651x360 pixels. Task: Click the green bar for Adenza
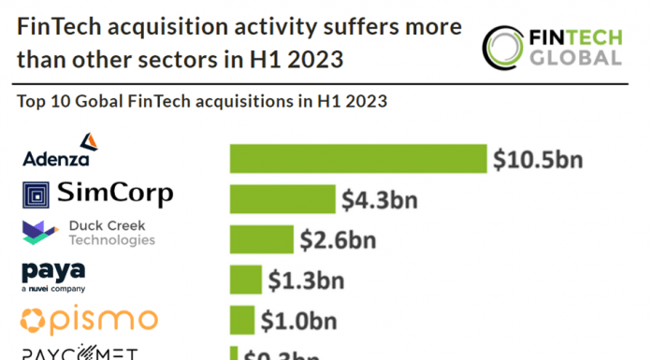tap(358, 158)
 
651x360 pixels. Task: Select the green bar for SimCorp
tap(282, 199)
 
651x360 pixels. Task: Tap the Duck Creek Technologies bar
tap(261, 239)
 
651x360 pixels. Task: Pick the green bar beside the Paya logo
tap(245, 279)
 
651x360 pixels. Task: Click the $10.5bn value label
tap(538, 158)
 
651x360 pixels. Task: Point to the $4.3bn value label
tap(380, 199)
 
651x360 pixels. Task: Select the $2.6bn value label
tap(338, 239)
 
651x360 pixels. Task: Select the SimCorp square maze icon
tap(36, 195)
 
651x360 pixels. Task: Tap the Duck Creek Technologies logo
tap(88, 233)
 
